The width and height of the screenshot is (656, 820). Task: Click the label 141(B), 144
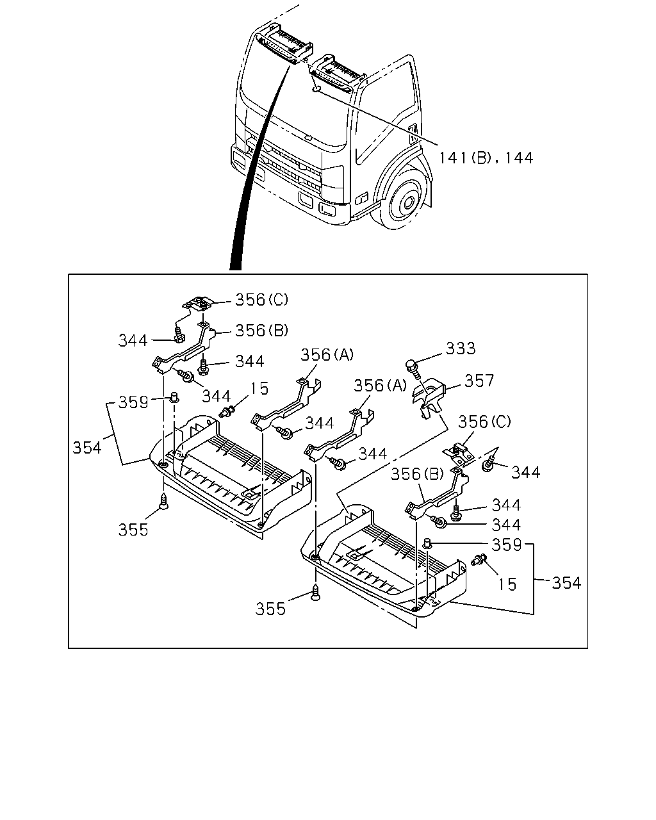[x=486, y=158]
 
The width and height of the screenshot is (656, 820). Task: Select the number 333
[x=461, y=348]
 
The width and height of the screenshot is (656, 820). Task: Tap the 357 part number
[x=479, y=381]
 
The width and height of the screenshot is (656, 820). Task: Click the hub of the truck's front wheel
[x=409, y=201]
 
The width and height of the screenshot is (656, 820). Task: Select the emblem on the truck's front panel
[x=307, y=138]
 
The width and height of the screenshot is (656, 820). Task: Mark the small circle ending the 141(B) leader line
[x=316, y=89]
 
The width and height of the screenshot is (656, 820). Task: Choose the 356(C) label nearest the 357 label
[x=484, y=422]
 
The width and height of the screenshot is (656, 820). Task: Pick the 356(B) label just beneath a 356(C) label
[x=261, y=331]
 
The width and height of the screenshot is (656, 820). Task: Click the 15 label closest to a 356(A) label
[x=259, y=389]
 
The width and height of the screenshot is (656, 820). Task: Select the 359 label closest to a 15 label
[x=507, y=545]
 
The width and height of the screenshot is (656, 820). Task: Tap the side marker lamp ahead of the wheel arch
[x=362, y=198]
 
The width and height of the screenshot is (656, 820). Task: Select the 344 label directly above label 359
[x=506, y=525]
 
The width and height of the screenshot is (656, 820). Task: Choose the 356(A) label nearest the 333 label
[x=381, y=386]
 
